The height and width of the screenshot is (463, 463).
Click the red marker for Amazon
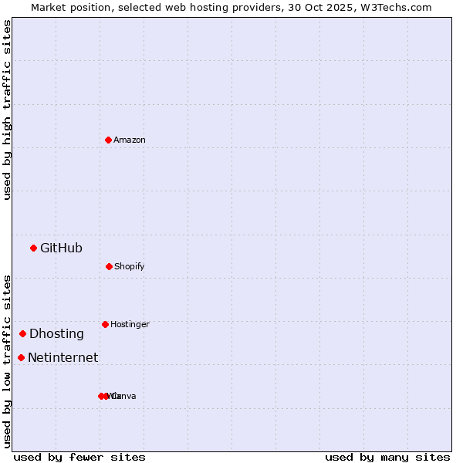point(108,140)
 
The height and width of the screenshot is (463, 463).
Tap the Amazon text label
point(130,140)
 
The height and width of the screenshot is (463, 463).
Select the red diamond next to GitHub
point(33,248)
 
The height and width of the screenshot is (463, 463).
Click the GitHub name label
point(61,248)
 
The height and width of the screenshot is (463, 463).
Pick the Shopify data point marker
point(109,266)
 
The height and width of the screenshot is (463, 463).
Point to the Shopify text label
point(130,266)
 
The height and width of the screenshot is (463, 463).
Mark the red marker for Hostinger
point(105,324)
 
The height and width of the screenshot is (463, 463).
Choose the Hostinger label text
point(130,324)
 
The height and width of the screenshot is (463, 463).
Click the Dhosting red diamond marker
point(22,333)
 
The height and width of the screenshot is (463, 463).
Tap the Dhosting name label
point(56,333)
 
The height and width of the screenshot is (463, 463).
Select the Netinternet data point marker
point(21,357)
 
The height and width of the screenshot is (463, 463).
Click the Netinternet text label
point(63,357)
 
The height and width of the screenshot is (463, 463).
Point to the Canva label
point(125,396)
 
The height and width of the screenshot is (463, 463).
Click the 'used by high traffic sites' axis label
point(7,110)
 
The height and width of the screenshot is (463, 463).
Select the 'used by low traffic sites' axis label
point(7,360)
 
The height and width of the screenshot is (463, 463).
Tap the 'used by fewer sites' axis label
point(79,457)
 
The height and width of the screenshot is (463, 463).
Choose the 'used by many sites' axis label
point(387,457)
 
